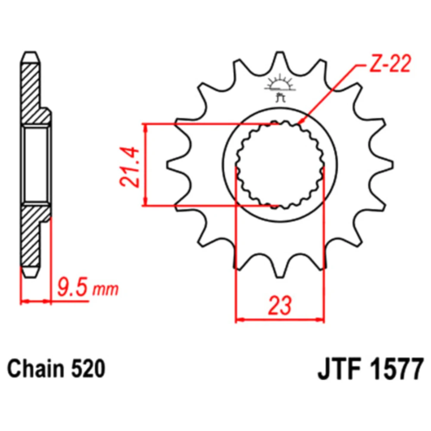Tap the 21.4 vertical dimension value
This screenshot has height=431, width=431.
click(x=129, y=167)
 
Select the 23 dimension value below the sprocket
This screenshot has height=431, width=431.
click(x=280, y=306)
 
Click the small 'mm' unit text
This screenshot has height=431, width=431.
click(x=106, y=290)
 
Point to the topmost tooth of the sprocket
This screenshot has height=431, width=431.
click(x=280, y=59)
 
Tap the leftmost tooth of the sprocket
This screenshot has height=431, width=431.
click(x=176, y=165)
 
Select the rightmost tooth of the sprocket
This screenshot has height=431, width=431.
click(x=384, y=165)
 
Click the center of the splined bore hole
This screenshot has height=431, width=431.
click(x=280, y=165)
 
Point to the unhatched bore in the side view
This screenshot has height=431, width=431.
click(x=36, y=165)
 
